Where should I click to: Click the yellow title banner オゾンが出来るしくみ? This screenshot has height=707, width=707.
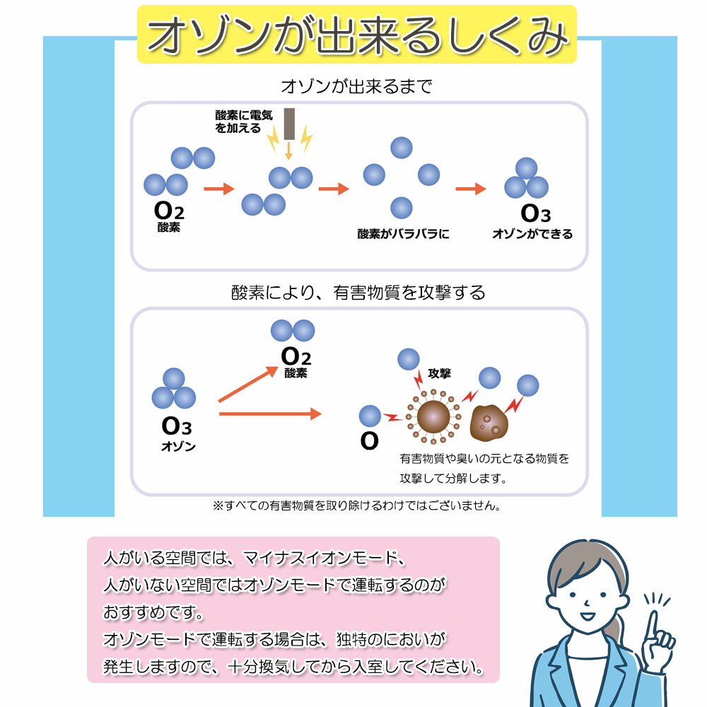click(356, 35)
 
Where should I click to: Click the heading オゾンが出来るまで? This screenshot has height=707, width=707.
click(356, 87)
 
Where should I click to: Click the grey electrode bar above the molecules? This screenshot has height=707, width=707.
click(289, 123)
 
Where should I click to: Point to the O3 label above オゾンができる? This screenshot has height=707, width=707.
click(535, 213)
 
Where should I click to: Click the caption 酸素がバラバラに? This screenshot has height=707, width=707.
click(403, 233)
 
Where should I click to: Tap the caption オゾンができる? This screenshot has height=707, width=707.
click(532, 234)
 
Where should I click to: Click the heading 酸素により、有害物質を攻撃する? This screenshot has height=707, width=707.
click(358, 293)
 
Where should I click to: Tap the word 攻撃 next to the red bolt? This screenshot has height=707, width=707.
click(439, 373)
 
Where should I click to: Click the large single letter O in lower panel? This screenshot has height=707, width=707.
click(370, 441)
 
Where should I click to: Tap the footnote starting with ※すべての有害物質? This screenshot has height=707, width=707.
click(357, 506)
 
